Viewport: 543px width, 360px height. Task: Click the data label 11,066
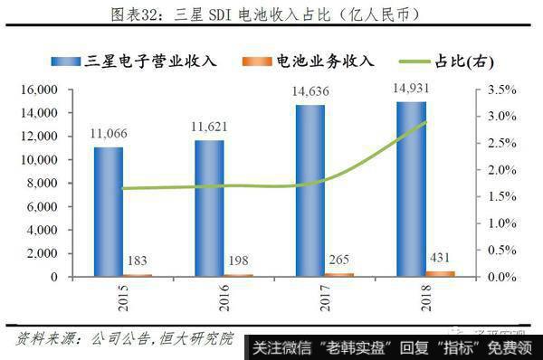(x=109, y=134)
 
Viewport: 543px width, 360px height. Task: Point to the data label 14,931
(x=412, y=88)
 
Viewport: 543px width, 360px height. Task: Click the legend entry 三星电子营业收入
(x=150, y=62)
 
